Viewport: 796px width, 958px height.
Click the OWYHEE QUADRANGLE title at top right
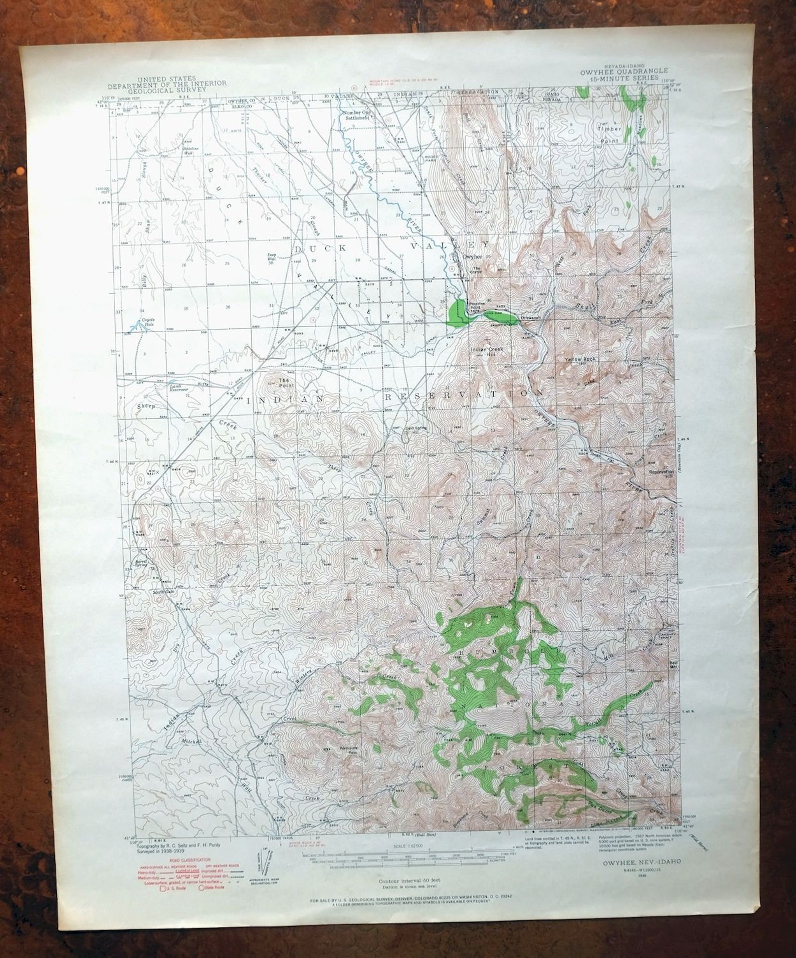(x=627, y=72)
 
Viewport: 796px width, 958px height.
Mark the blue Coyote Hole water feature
(x=134, y=327)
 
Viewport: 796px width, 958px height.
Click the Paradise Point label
(x=480, y=305)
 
